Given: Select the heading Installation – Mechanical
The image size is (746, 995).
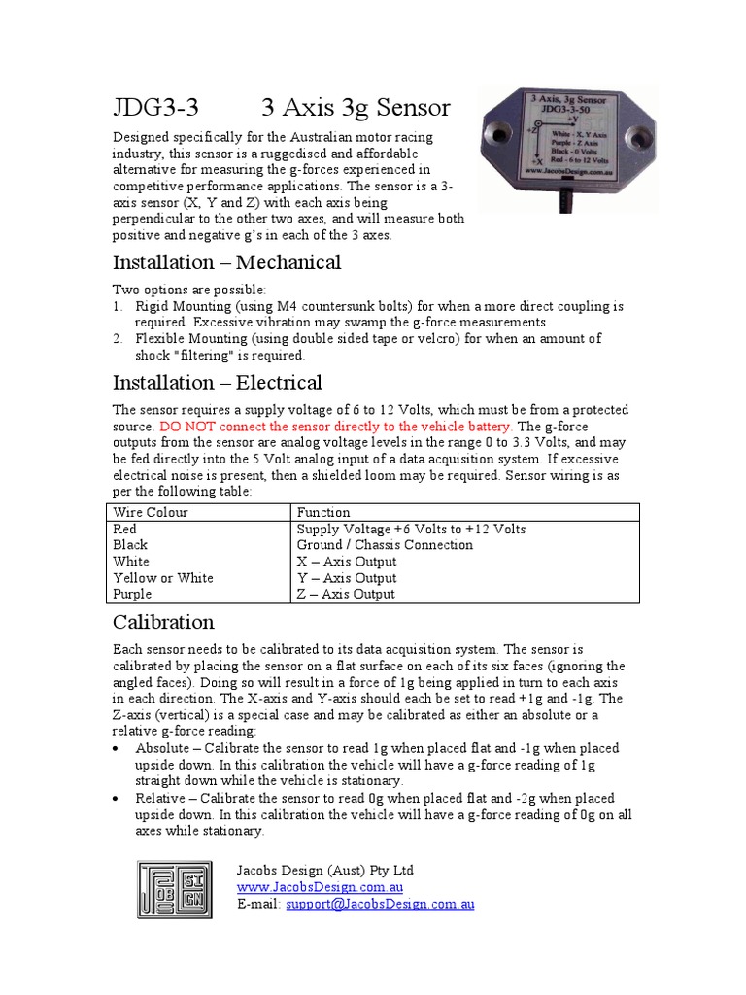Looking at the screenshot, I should pyautogui.click(x=226, y=262).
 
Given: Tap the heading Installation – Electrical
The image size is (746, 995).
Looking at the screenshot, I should pyautogui.click(x=217, y=382).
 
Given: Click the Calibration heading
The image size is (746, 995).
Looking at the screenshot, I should pyautogui.click(x=163, y=622).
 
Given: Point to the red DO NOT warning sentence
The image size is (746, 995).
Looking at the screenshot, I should pyautogui.click(x=335, y=427).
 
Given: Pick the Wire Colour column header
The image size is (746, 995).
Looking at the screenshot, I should pyautogui.click(x=151, y=512).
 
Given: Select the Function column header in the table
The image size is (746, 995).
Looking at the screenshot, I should pyautogui.click(x=323, y=512).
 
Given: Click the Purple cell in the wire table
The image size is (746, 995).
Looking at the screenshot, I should pyautogui.click(x=133, y=594).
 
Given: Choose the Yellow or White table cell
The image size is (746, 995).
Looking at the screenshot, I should pyautogui.click(x=162, y=578).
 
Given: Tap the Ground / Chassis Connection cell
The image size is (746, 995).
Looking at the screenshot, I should pyautogui.click(x=385, y=545).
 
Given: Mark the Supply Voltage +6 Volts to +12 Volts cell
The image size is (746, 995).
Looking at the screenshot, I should pyautogui.click(x=411, y=529).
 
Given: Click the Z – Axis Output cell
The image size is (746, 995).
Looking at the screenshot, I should pyautogui.click(x=346, y=594).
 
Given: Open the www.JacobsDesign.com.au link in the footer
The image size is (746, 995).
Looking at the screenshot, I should pyautogui.click(x=321, y=887).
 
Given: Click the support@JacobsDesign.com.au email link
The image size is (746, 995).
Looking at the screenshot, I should pyautogui.click(x=380, y=904).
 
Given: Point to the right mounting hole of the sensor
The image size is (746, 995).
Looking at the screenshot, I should pyautogui.click(x=641, y=129).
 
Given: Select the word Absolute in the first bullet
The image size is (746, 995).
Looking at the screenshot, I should pyautogui.click(x=163, y=748).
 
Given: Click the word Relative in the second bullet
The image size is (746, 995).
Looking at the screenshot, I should pyautogui.click(x=161, y=798).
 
